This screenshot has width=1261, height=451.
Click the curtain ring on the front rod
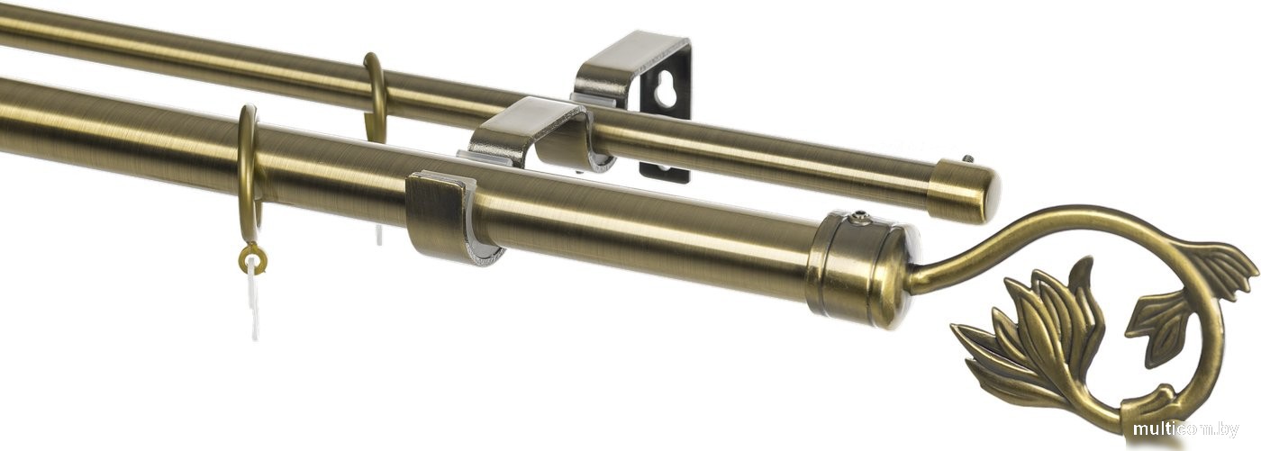tap(247, 168)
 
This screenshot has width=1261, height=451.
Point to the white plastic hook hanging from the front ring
tap(254, 298)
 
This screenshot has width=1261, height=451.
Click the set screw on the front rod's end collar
tap(858, 217)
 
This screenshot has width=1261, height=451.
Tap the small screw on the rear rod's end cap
tap(967, 159)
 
